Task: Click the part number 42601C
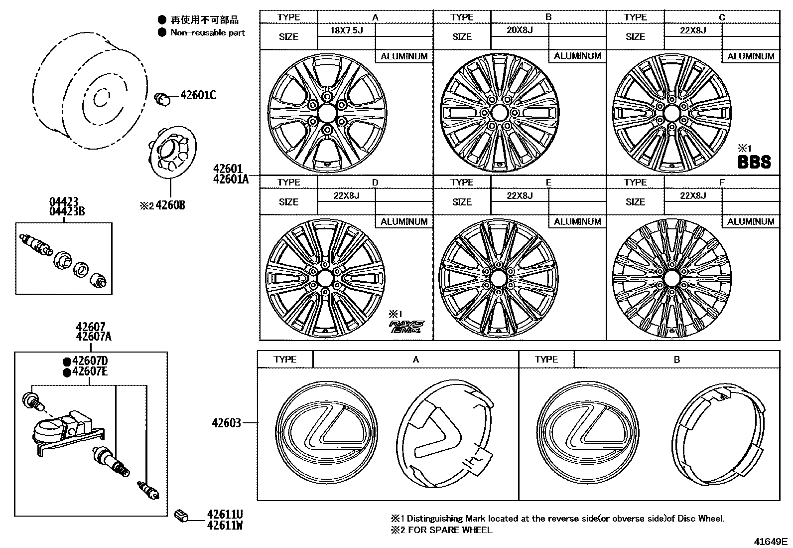[x=198, y=95]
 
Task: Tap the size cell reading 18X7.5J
[x=346, y=30]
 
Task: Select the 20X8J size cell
[x=520, y=30]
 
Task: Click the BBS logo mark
[x=754, y=162]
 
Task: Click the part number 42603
[x=226, y=423]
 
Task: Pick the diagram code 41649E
[x=770, y=541]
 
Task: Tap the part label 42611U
[x=225, y=514]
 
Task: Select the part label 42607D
[x=90, y=361]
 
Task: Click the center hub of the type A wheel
[x=327, y=113]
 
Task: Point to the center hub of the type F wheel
[x=671, y=278]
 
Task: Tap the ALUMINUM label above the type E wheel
[x=577, y=221]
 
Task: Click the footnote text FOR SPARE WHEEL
[x=450, y=530]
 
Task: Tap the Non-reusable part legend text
[x=208, y=33]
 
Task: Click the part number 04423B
[x=67, y=211]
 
